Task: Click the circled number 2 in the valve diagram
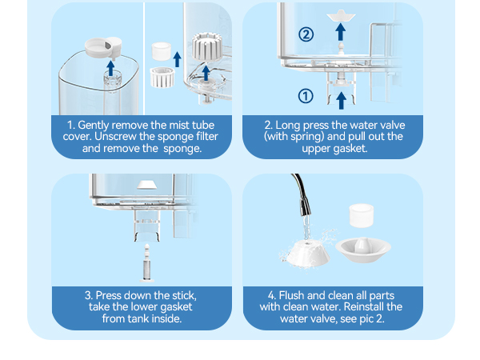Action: tap(305, 34)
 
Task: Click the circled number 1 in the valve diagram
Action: tap(305, 96)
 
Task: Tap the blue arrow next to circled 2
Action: tap(341, 33)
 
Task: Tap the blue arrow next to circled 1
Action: tap(341, 100)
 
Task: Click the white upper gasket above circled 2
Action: tap(341, 14)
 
